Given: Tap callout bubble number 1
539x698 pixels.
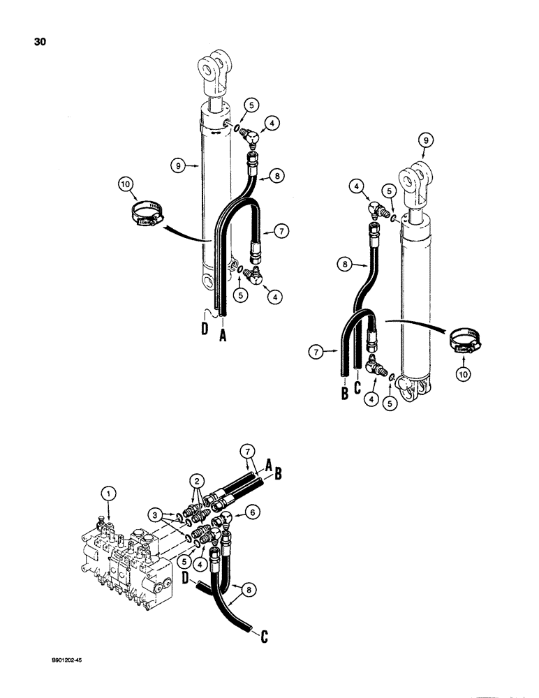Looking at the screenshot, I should coord(106,493).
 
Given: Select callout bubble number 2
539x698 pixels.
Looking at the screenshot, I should coord(198,480).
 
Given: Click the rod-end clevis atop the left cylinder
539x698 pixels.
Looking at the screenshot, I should coord(217,73).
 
